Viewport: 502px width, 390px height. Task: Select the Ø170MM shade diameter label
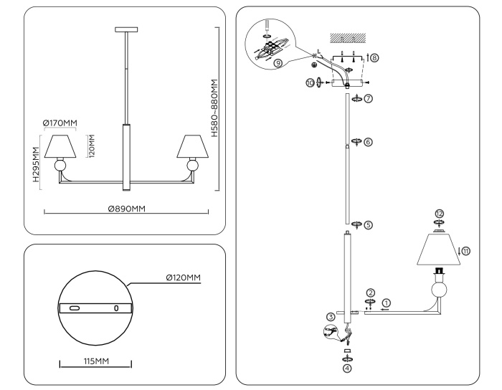[x=60, y=124]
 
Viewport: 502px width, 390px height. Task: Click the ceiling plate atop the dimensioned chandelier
[x=126, y=29]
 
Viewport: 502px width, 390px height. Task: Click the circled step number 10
[x=310, y=82]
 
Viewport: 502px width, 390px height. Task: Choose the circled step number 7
[x=368, y=98]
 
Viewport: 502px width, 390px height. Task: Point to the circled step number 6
[x=368, y=142]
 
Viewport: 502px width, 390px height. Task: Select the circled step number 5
[x=368, y=224]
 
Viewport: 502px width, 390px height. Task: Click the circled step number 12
[x=439, y=214]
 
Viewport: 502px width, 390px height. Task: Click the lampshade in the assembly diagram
[x=437, y=251]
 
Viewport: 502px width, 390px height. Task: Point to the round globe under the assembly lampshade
[x=438, y=290]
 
